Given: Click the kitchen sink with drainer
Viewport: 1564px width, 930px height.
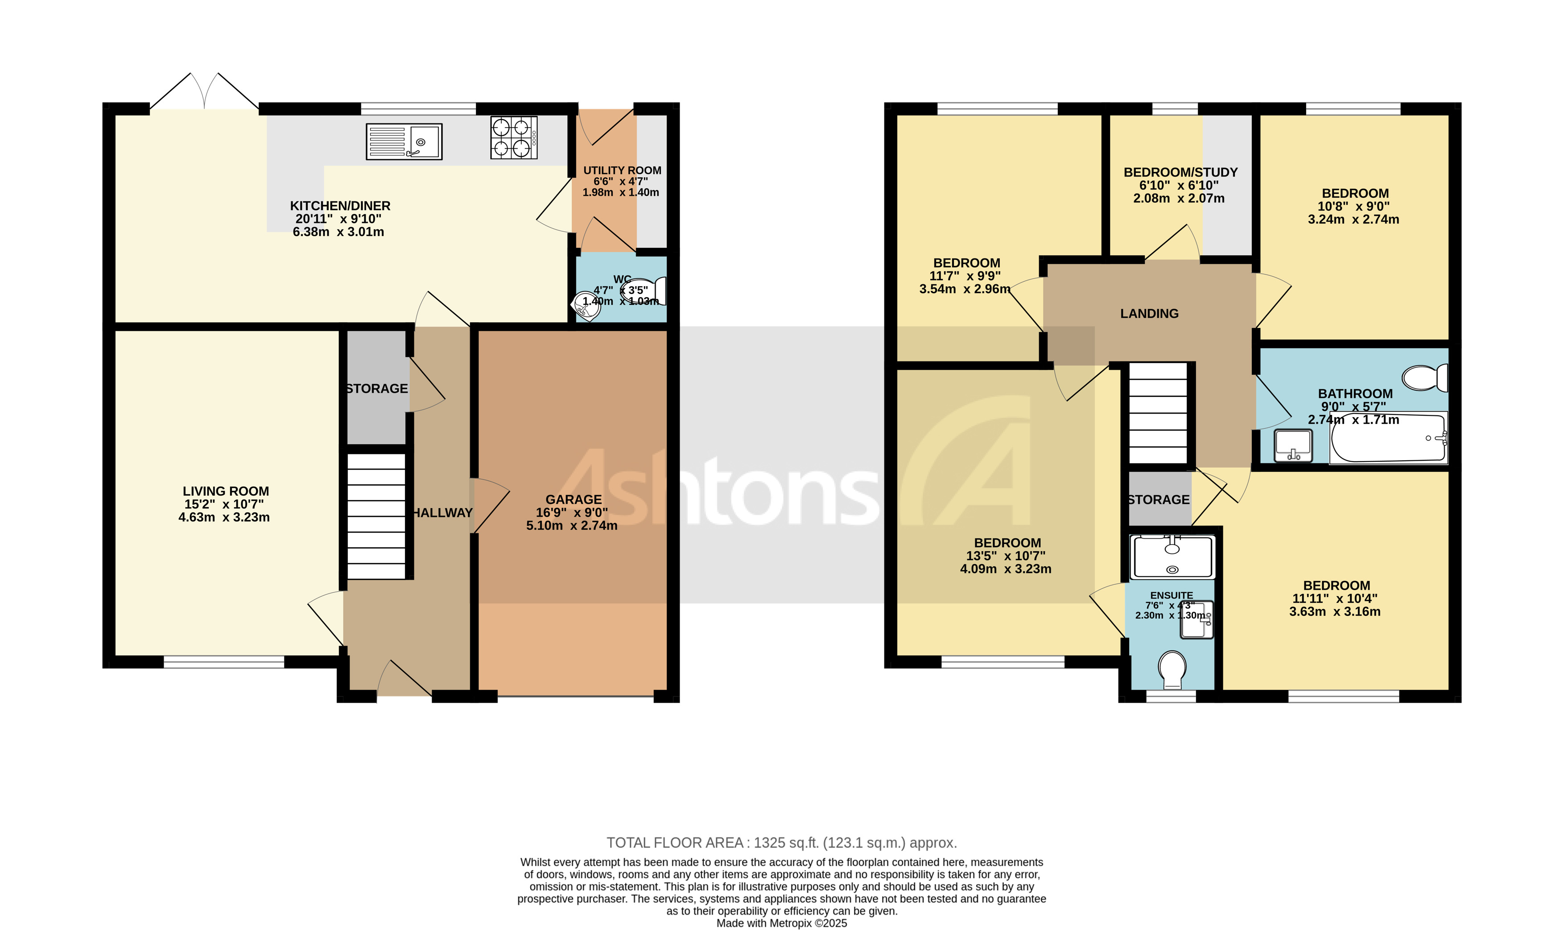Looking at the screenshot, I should [x=404, y=142].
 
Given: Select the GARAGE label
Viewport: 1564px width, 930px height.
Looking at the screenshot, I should [x=573, y=500].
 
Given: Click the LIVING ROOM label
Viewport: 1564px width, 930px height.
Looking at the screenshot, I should [x=226, y=492].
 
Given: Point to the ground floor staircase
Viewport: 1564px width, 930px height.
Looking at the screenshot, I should [x=376, y=515].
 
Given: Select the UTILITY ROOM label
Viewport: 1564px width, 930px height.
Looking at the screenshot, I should [x=622, y=171].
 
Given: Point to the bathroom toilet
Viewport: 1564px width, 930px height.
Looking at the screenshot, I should [x=1424, y=378].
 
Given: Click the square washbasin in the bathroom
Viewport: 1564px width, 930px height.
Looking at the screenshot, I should [x=1292, y=444].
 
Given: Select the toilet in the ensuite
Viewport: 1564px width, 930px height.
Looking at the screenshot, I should [x=1172, y=669].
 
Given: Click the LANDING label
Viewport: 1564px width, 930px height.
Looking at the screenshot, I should [x=1149, y=313].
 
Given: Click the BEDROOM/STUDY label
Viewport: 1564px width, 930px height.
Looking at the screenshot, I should [x=1180, y=172].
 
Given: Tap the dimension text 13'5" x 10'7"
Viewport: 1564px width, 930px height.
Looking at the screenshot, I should [x=1005, y=556].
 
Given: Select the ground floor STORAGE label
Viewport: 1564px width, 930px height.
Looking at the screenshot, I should [x=376, y=389].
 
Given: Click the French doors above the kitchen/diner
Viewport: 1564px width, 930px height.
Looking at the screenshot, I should [x=204, y=91].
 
